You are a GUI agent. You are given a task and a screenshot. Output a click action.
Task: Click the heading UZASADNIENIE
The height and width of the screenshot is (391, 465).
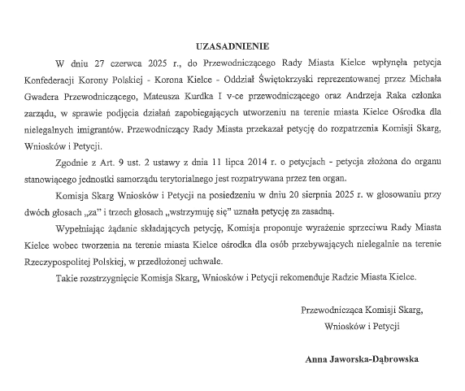(x=232, y=46)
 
